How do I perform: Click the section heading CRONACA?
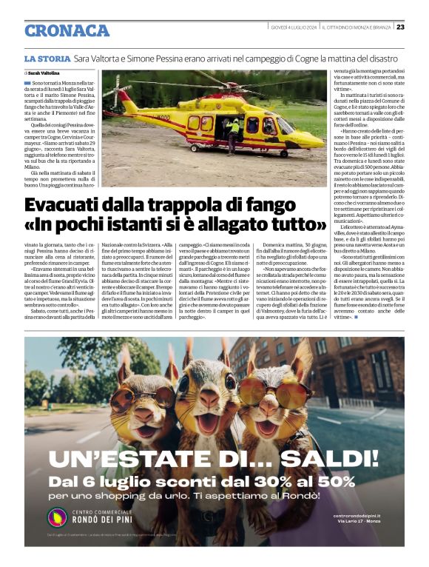[x=67, y=30]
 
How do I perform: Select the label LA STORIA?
[x=47, y=58]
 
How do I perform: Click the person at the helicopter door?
[x=234, y=133]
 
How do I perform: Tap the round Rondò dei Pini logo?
[x=58, y=518]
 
